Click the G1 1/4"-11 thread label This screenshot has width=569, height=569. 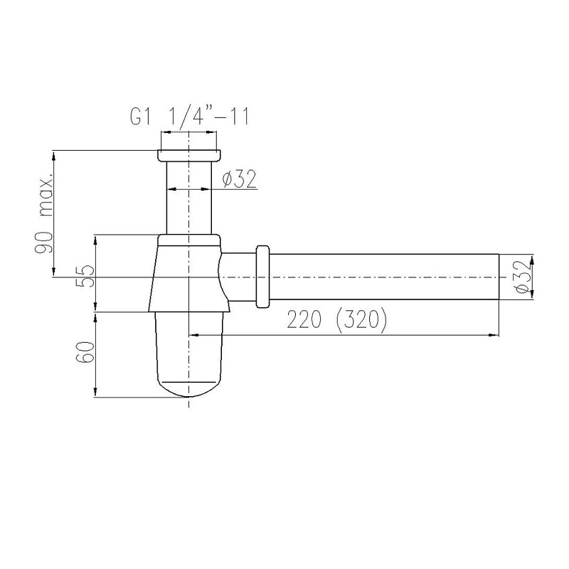[190, 117]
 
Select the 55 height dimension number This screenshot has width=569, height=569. [86, 277]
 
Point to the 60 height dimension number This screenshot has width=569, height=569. [86, 351]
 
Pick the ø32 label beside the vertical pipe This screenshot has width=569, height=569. [239, 179]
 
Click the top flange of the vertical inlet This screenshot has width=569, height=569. [189, 155]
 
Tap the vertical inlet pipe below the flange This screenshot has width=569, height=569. [189, 198]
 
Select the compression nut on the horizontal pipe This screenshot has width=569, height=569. [262, 277]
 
